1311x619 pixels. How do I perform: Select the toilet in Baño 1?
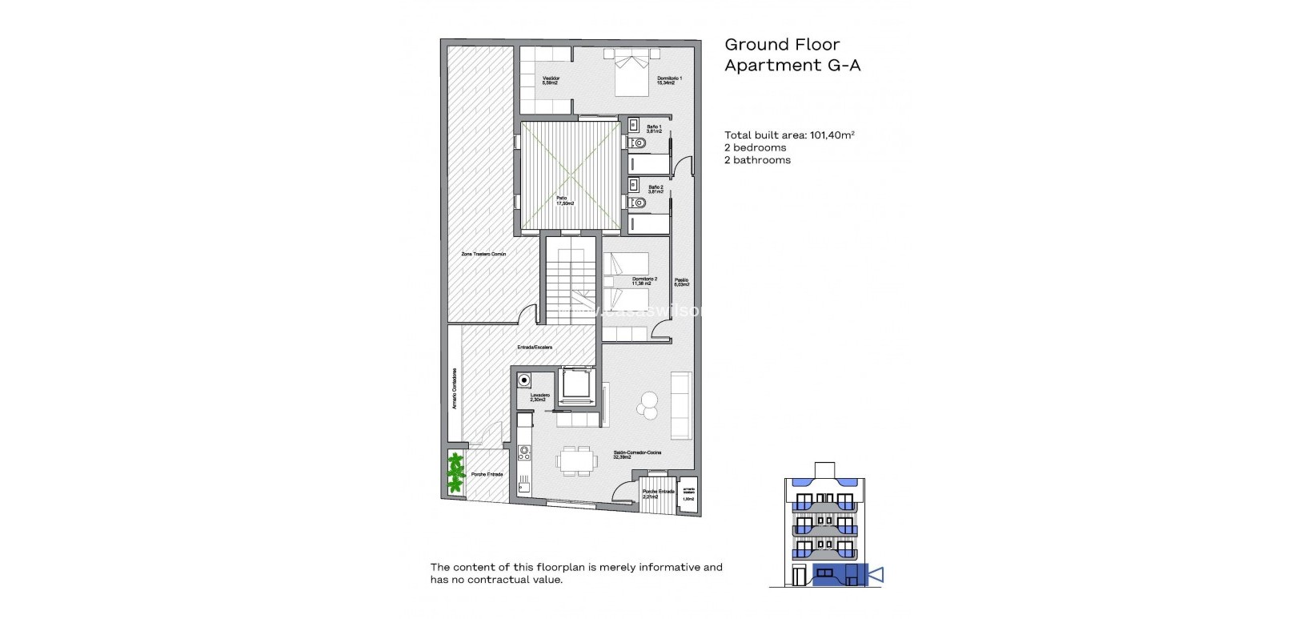(637, 143)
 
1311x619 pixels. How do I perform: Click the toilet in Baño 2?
(637, 203)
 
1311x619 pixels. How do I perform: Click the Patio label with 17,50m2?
(567, 200)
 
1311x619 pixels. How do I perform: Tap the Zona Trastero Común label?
(483, 254)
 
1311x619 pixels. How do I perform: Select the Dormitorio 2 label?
(644, 280)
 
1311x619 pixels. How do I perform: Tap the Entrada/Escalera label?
(535, 348)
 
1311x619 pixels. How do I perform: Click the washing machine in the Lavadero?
(524, 380)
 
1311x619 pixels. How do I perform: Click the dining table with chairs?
(578, 460)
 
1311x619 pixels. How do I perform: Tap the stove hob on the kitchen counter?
(524, 454)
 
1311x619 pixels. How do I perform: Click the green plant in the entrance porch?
(455, 472)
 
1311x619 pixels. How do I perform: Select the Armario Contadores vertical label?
(454, 388)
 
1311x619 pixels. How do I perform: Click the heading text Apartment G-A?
(792, 66)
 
